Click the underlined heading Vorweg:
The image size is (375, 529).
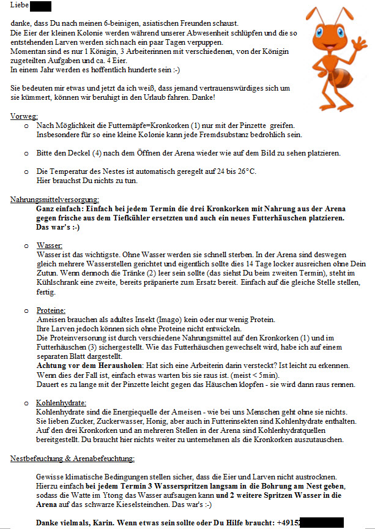pos(24,116)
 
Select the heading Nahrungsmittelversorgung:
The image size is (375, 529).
pos(54,200)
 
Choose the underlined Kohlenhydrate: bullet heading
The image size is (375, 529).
pos(61,402)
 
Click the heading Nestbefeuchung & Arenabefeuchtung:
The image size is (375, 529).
pos(72,458)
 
